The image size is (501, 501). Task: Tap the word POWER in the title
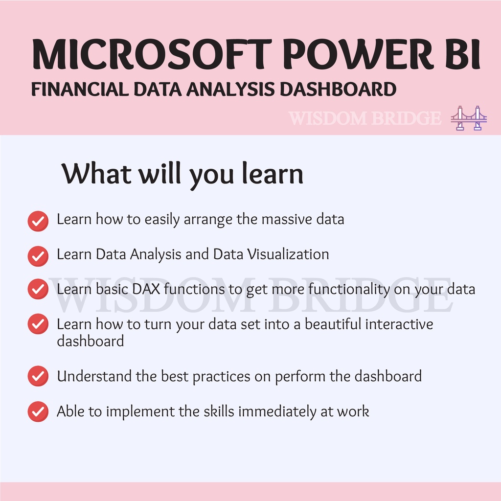click(358, 54)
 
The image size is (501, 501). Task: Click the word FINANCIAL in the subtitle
click(80, 89)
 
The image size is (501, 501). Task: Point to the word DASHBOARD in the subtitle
click(338, 89)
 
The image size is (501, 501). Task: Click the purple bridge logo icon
click(469, 118)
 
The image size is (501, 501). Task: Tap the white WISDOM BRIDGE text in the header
click(364, 118)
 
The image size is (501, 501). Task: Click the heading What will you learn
click(182, 174)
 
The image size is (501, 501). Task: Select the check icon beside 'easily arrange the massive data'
click(38, 221)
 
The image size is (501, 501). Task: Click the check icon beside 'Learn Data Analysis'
click(38, 256)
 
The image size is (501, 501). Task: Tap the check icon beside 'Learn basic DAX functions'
click(38, 289)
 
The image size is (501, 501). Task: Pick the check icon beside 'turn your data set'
click(38, 324)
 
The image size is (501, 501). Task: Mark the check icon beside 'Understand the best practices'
click(38, 376)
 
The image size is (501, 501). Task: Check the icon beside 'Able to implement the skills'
click(38, 411)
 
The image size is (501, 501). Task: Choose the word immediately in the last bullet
click(277, 411)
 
